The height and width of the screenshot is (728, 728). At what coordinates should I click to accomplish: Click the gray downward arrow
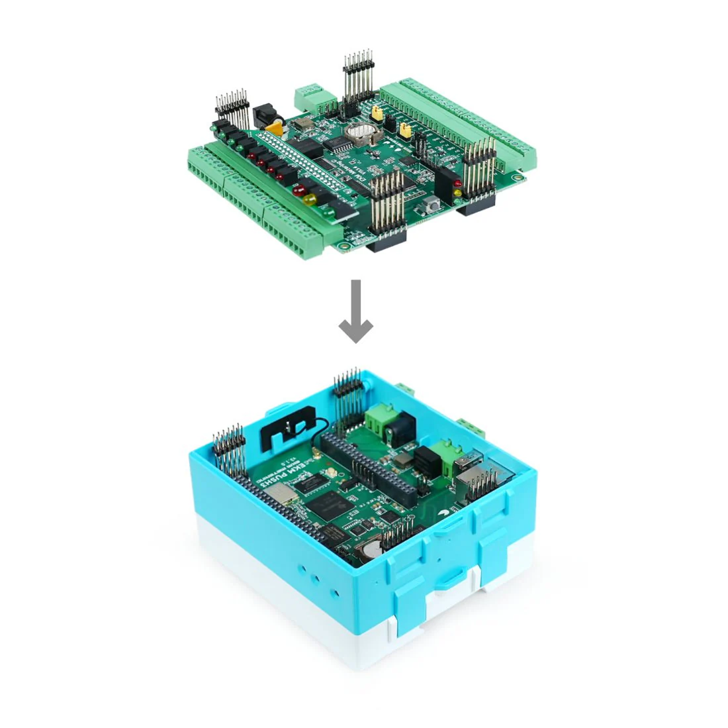coord(356,311)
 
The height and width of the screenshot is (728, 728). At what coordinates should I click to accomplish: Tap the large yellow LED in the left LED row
coord(308,197)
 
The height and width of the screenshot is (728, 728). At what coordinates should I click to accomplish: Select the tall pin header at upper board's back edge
coord(358,73)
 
